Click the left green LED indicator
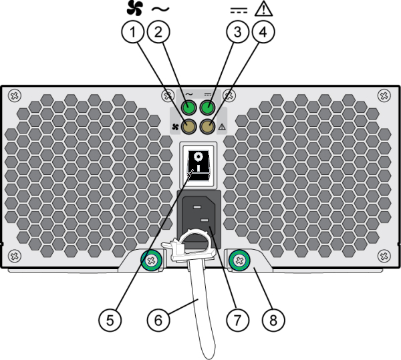190,108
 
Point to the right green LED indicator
209,108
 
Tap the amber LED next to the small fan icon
190,126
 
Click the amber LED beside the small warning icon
209,126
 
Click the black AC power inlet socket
201,219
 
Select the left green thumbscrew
150,259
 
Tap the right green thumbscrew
239,259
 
